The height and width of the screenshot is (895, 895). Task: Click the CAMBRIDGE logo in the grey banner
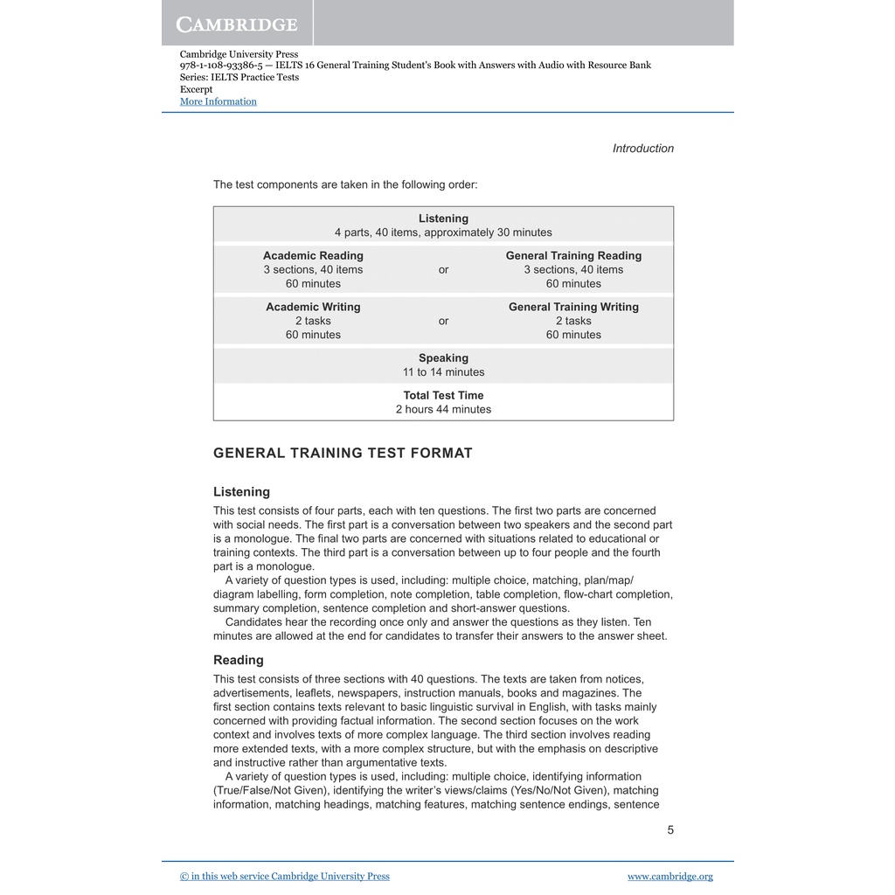point(237,24)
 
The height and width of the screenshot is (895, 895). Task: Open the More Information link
point(218,101)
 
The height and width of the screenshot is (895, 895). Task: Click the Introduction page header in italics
point(642,149)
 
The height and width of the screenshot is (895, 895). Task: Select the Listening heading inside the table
point(443,219)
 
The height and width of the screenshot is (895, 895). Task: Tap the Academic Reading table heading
point(313,256)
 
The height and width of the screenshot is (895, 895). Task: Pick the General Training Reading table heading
point(573,256)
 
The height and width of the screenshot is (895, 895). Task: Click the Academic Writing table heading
point(313,307)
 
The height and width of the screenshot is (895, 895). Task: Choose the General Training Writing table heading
point(573,307)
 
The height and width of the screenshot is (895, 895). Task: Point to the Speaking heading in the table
point(443,358)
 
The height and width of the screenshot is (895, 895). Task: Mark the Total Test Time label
point(443,395)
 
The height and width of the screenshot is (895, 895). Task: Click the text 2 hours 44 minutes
point(443,409)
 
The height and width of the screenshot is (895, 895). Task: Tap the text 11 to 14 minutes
point(443,372)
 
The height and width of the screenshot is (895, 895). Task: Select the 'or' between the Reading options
point(443,270)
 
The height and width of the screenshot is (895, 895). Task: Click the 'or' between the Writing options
point(443,321)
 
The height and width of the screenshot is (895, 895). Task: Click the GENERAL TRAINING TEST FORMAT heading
point(343,453)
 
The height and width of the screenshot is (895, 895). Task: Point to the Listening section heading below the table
point(241,492)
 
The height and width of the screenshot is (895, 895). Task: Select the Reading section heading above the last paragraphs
point(238,660)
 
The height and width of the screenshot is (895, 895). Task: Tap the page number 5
point(670,830)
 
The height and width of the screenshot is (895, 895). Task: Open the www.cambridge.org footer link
point(670,877)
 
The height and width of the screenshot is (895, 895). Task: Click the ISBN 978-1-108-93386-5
point(221,66)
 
